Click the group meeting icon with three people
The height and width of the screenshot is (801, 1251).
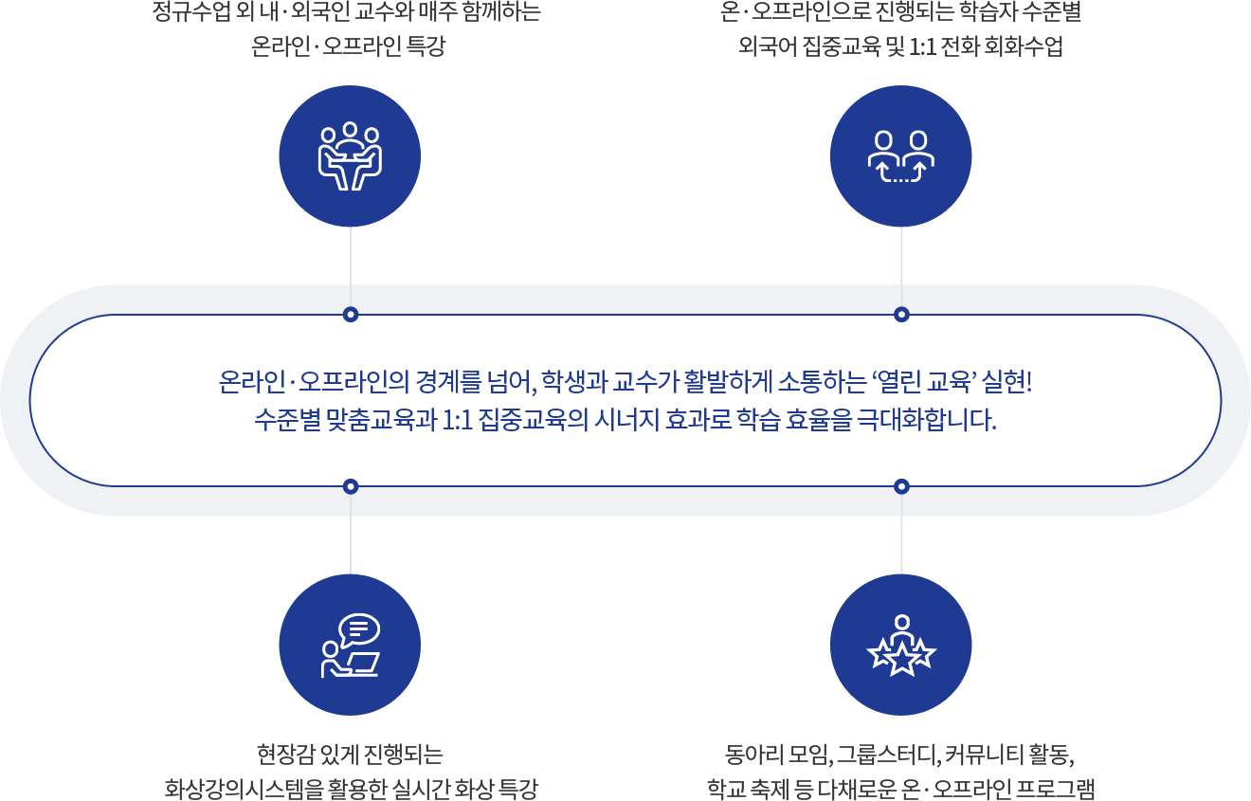[x=349, y=155]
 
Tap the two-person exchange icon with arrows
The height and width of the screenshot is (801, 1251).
[x=901, y=156]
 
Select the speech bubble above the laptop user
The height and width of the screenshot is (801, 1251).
[x=359, y=628]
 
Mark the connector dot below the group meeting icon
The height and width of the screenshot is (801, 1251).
[x=351, y=314]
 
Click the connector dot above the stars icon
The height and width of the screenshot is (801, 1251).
[x=901, y=486]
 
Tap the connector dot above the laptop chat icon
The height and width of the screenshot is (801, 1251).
[x=351, y=486]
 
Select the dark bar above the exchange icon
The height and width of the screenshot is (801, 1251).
[x=900, y=28]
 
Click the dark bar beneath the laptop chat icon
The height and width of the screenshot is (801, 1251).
[x=352, y=772]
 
